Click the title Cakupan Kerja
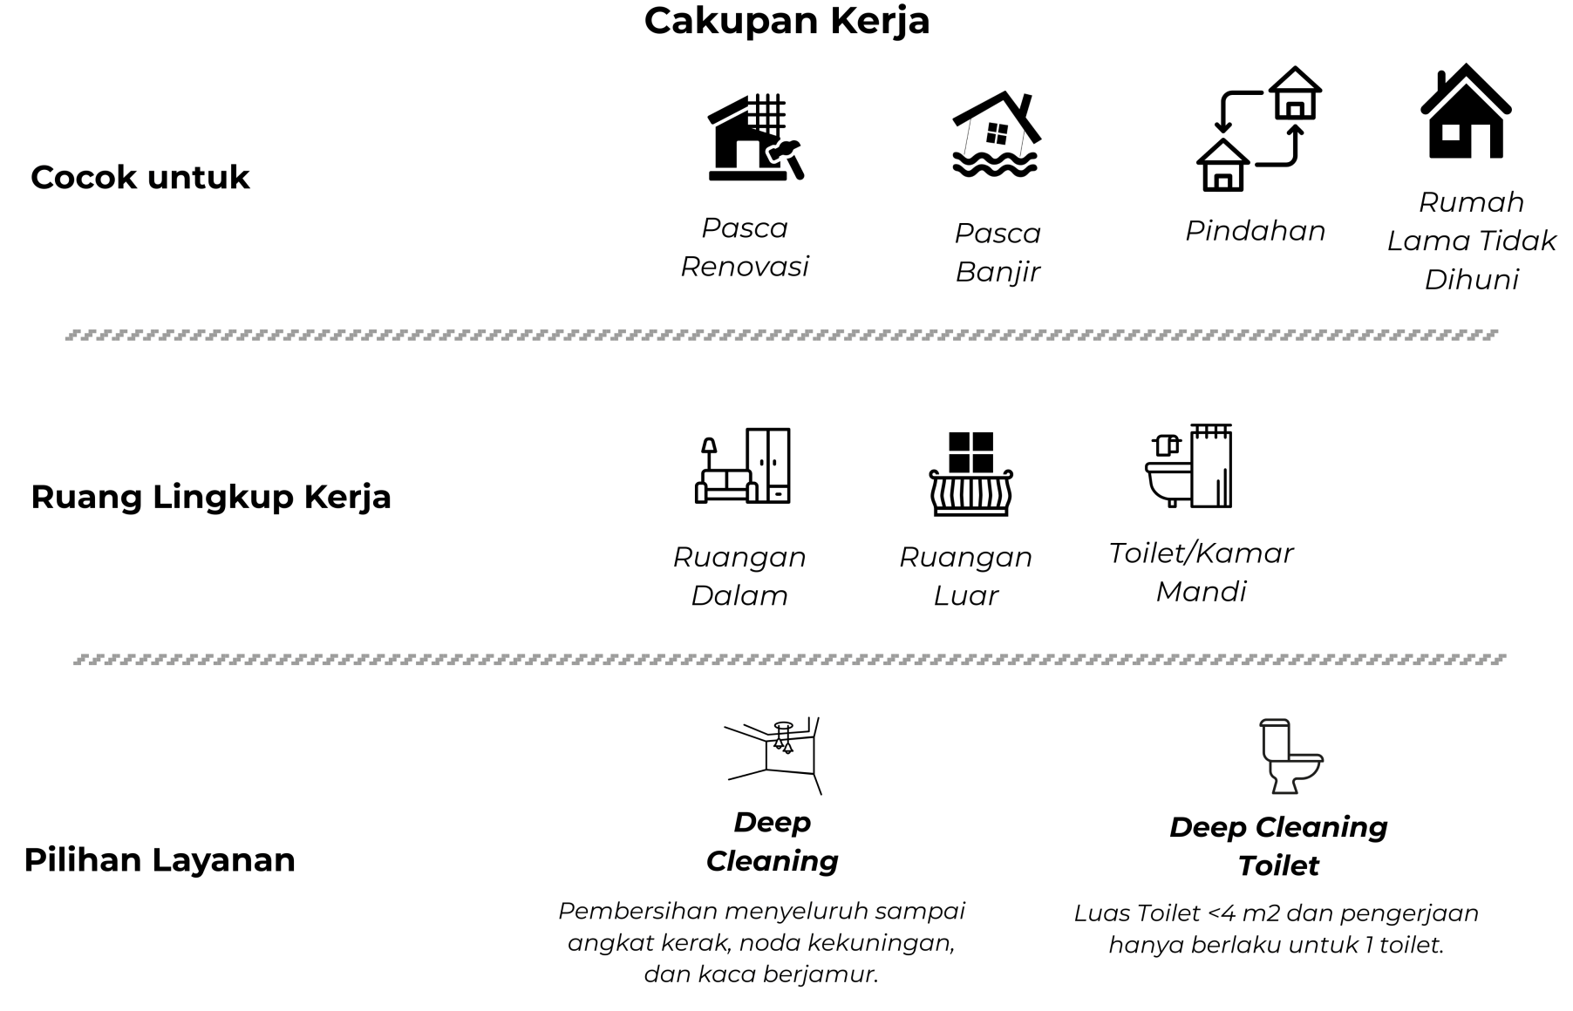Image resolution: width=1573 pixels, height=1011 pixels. tap(786, 21)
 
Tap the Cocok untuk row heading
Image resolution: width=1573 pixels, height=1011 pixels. tap(140, 177)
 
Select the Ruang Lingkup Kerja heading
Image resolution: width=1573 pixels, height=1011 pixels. tap(211, 497)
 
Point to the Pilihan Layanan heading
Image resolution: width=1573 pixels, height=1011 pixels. tap(160, 859)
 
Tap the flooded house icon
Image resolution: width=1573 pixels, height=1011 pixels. tap(996, 135)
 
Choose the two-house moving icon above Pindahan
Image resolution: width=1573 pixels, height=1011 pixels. tap(1258, 129)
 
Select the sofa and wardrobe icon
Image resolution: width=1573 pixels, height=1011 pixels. tap(743, 466)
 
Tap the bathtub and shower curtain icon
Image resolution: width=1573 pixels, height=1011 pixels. tap(1188, 466)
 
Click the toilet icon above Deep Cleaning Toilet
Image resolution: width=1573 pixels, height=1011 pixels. tap(1290, 756)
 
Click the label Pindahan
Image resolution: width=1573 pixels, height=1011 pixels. tap(1255, 231)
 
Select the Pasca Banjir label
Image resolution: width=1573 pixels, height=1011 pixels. tap(998, 252)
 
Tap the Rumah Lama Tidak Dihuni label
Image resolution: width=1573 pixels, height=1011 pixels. tap(1471, 241)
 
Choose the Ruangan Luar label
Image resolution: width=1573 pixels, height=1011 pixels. tap(965, 576)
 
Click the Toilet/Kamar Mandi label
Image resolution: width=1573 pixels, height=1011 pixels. tap(1201, 572)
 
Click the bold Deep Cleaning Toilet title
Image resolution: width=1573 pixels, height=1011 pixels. tap(1277, 846)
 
